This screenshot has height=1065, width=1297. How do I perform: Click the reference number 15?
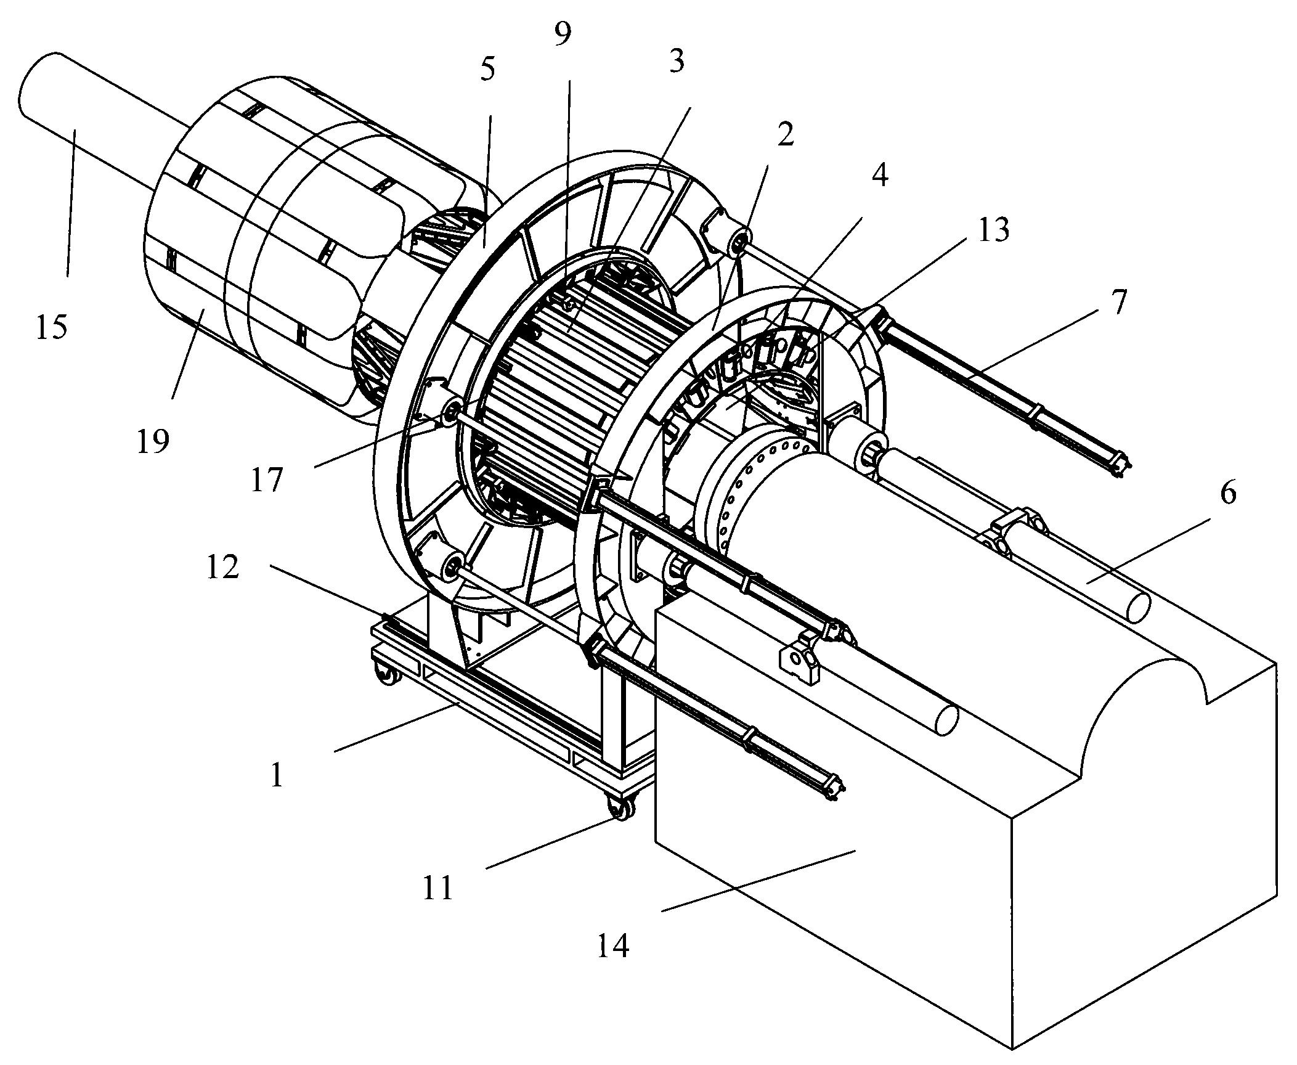coord(51,327)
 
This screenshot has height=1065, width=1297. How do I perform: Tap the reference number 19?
coord(153,441)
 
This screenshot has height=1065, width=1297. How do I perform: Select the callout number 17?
coord(266,480)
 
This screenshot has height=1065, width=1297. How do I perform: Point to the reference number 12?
coord(222,567)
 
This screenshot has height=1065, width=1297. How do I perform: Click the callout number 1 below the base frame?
coord(277,776)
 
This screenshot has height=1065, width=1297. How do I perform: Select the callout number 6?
coord(1228,494)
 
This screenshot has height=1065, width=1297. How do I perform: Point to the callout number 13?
coord(993,230)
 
